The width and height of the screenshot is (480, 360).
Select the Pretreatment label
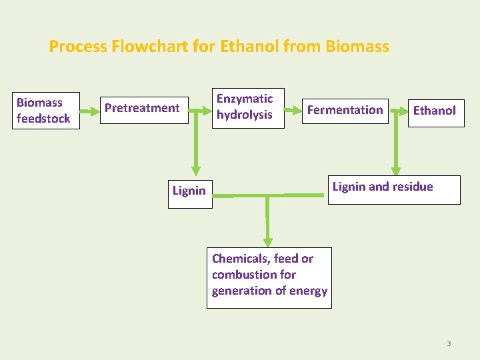142,108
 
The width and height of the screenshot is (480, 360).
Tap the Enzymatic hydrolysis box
245,107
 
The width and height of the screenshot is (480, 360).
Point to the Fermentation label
345,110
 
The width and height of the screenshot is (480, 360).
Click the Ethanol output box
434,111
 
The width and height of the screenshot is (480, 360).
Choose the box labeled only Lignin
189,191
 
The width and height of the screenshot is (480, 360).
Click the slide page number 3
449,343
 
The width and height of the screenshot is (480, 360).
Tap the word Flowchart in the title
147,47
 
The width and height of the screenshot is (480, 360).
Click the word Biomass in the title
357,47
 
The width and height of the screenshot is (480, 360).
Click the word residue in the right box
413,187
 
